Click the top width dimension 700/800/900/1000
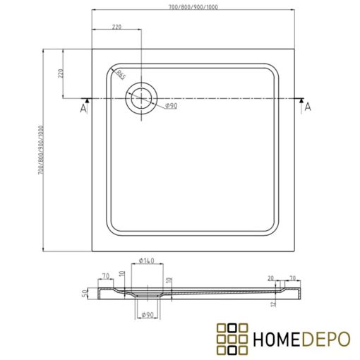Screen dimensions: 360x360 click(x=193, y=6)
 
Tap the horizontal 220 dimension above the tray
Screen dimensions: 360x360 click(x=118, y=27)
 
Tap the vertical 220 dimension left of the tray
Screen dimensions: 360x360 click(x=61, y=74)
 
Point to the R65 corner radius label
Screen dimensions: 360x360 click(x=121, y=74)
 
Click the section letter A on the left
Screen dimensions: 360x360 click(x=83, y=109)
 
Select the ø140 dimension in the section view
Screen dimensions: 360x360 click(x=146, y=262)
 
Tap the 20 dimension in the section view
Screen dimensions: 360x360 click(x=271, y=277)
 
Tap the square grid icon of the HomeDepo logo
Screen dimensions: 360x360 click(x=232, y=337)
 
